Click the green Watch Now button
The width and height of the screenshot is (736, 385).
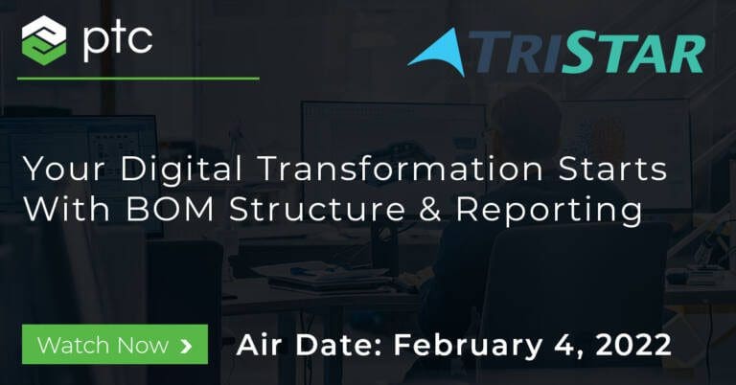pyautogui.click(x=115, y=344)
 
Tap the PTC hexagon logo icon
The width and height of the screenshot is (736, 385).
pyautogui.click(x=44, y=40)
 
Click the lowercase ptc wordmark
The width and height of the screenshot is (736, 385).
pyautogui.click(x=118, y=41)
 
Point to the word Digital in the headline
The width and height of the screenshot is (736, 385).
pyautogui.click(x=181, y=169)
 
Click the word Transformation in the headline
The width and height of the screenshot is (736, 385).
pyautogui.click(x=400, y=169)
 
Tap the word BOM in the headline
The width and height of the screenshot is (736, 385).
pyautogui.click(x=170, y=209)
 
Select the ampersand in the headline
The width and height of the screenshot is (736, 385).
pyautogui.click(x=430, y=209)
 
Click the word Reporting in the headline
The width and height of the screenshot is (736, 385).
pyautogui.click(x=549, y=210)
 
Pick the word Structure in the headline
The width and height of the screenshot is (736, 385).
pyautogui.click(x=317, y=209)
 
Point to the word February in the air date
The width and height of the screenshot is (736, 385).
pyautogui.click(x=468, y=346)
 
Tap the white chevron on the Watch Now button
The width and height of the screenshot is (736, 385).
pyautogui.click(x=186, y=346)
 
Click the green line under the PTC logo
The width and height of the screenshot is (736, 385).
pyautogui.click(x=138, y=79)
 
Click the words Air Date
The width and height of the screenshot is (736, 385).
pyautogui.click(x=310, y=345)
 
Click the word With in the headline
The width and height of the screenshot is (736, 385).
pyautogui.click(x=67, y=209)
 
